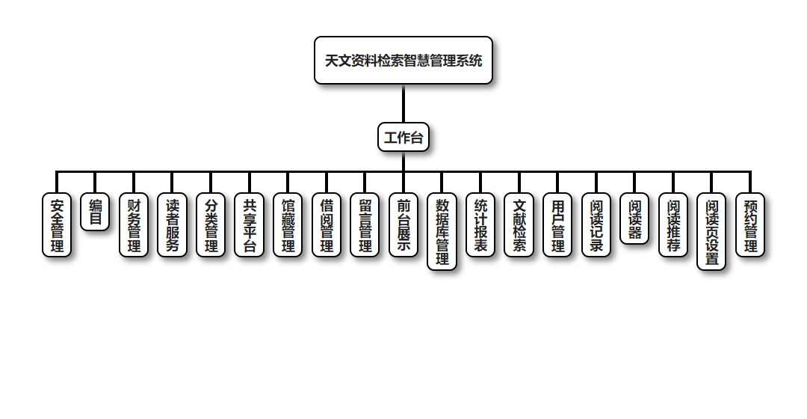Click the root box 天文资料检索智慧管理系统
(x=403, y=61)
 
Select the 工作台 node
(x=403, y=137)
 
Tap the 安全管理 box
(x=57, y=225)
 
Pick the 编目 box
(x=95, y=212)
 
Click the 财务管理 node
(x=134, y=225)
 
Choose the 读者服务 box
(x=173, y=225)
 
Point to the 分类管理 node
(x=211, y=225)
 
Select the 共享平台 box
(x=250, y=225)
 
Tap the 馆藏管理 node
(x=288, y=225)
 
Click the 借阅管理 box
(x=327, y=225)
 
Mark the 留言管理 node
(x=365, y=225)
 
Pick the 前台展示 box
(x=403, y=225)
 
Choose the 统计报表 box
(x=480, y=225)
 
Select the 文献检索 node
(x=519, y=225)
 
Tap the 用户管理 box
(x=557, y=225)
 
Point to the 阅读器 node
(x=634, y=218)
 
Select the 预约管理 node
(x=750, y=225)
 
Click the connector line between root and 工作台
(x=403, y=103)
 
